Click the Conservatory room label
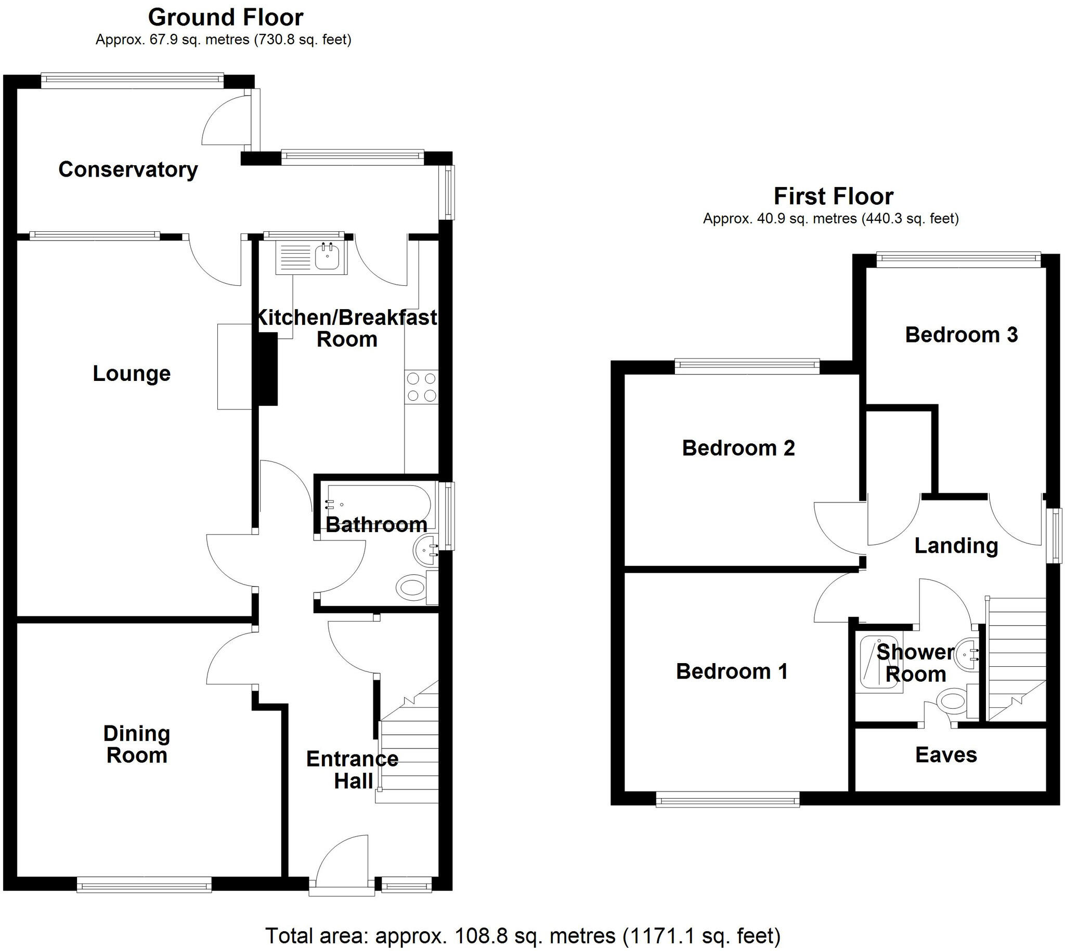pos(128,170)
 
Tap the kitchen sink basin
pos(327,257)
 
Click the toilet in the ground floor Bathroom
pos(416,588)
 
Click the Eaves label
pos(946,755)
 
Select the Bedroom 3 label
pos(961,335)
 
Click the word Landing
pos(956,546)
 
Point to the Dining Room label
pos(136,745)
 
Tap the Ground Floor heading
pos(225,18)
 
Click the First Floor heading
pos(834,196)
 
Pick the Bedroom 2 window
pos(747,366)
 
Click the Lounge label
pos(132,374)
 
